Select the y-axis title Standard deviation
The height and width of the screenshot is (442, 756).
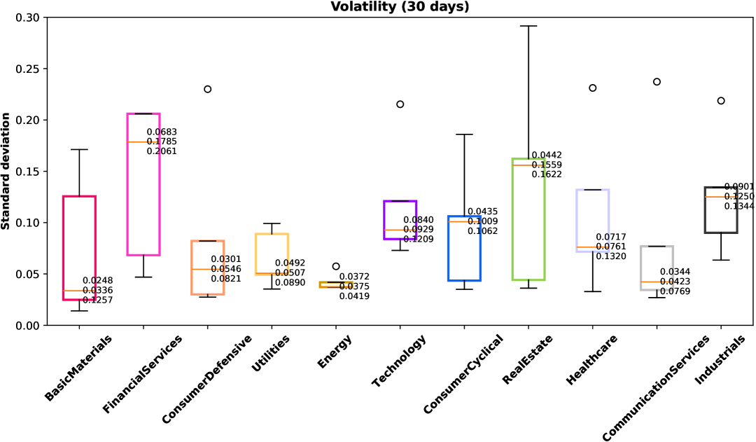pos(6,171)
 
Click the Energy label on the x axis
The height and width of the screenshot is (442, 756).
pos(335,351)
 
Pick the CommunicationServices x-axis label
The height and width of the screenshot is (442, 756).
pos(657,385)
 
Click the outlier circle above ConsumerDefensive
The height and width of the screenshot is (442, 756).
pos(207,89)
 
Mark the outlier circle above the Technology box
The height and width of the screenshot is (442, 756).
pos(400,104)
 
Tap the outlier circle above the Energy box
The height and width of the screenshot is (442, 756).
pos(336,266)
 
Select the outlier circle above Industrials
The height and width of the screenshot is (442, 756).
pos(721,101)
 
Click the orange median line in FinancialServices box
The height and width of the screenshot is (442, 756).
pos(143,141)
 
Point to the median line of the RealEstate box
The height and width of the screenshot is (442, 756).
pos(528,165)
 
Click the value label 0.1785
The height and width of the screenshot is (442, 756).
pos(162,141)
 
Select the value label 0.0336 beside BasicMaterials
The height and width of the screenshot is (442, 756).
pos(97,291)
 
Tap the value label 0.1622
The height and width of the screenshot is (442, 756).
pos(547,174)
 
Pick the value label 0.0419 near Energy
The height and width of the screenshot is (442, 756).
pos(354,296)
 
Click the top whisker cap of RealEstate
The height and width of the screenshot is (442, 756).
pos(528,26)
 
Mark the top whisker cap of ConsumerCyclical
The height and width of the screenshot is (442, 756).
pos(464,134)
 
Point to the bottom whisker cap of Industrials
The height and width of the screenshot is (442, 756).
pos(721,260)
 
